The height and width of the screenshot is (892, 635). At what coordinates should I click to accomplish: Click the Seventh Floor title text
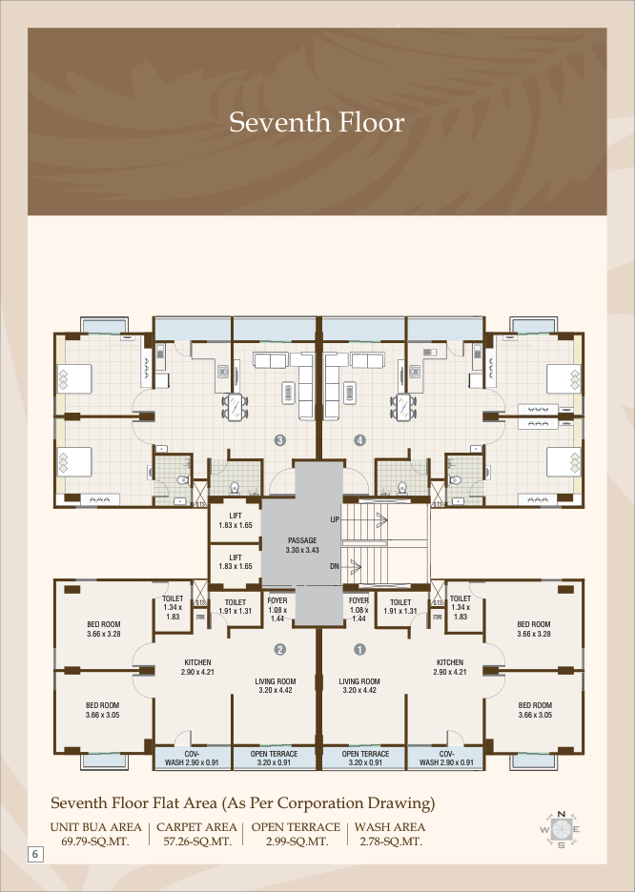click(x=317, y=122)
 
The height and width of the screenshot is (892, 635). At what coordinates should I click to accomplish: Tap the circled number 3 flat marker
click(x=279, y=439)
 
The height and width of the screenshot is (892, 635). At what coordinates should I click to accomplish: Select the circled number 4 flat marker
click(x=359, y=439)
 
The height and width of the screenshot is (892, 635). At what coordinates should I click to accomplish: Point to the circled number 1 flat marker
click(x=359, y=649)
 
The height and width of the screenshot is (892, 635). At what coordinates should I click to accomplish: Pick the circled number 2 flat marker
click(x=279, y=649)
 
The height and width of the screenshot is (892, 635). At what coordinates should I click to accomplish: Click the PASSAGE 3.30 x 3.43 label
click(x=302, y=545)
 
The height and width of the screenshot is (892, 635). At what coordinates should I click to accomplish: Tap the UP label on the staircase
click(x=335, y=519)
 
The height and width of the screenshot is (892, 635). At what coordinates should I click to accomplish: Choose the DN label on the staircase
click(x=335, y=567)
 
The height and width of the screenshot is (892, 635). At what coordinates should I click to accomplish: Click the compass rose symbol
click(x=561, y=829)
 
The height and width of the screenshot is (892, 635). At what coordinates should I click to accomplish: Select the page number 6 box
click(x=35, y=854)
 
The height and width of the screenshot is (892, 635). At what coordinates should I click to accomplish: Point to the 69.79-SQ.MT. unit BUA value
click(x=95, y=841)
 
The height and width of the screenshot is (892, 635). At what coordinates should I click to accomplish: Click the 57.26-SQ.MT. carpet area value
click(x=197, y=841)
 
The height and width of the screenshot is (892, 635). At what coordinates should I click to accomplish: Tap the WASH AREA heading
click(x=390, y=827)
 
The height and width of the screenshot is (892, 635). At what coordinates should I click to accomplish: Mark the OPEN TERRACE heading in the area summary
click(x=296, y=827)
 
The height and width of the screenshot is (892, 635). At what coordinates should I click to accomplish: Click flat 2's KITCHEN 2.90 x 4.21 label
click(x=197, y=667)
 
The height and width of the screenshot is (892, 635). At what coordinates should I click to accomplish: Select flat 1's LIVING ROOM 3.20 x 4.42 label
click(x=359, y=685)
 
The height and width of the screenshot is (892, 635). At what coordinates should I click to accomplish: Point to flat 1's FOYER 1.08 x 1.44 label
click(x=359, y=609)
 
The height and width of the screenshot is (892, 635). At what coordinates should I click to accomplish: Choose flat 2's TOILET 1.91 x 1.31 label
click(x=236, y=606)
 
